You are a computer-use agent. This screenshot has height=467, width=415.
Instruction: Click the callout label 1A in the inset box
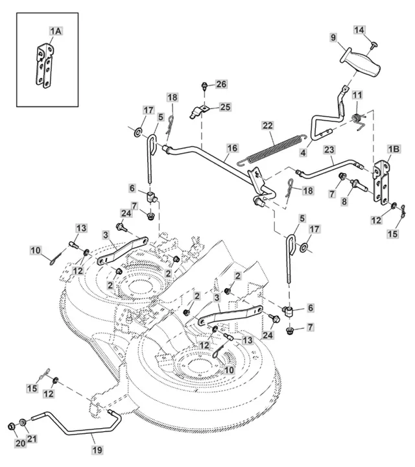pos(56,31)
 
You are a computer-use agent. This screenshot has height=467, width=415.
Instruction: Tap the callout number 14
pos(359,30)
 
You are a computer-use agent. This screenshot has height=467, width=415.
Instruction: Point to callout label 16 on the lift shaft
pos(232,148)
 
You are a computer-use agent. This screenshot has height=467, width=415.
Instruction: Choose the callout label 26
pos(222,84)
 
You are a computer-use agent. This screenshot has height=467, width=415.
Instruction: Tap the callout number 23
pos(329,149)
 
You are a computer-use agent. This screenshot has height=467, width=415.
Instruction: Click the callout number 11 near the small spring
pos(357,95)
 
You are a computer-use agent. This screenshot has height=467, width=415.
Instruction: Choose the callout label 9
pos(333,38)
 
